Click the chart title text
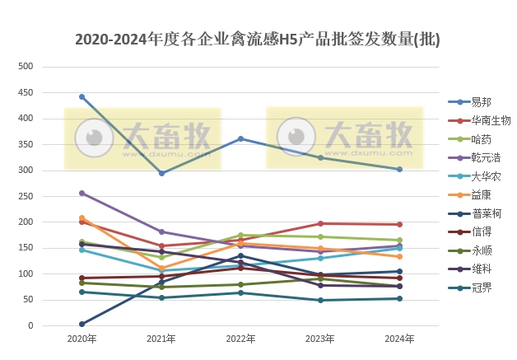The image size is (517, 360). pos(257,39)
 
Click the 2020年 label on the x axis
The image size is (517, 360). pos(82,339)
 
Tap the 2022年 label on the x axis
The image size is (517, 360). pos(240,339)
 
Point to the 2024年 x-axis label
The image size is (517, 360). pos(399,339)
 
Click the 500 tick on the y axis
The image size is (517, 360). pos(26,67)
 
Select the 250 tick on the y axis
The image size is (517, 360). pos(26,196)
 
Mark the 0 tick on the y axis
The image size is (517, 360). pos(30,325)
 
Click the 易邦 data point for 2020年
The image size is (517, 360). pos(82,96)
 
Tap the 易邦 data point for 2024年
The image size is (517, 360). pos(399,169)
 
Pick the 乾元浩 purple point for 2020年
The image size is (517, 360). pos(82,193)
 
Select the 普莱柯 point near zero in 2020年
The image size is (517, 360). pos(82,324)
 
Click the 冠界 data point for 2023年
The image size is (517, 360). pos(320,300)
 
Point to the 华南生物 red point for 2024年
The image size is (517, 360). pos(399,224)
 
